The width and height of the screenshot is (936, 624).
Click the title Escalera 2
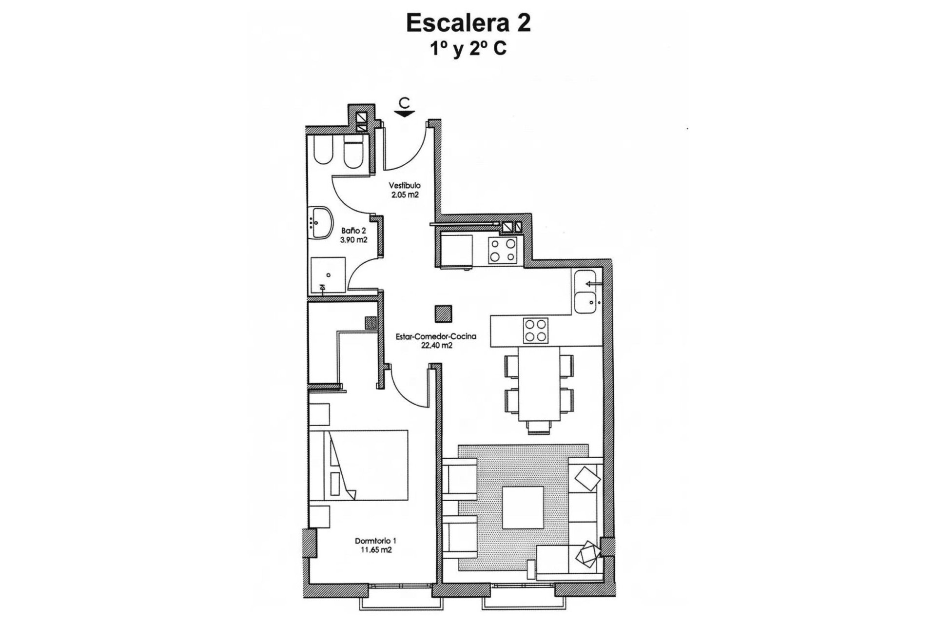click(x=468, y=24)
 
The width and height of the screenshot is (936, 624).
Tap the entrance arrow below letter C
click(x=404, y=114)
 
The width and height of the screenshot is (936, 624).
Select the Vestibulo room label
click(x=404, y=186)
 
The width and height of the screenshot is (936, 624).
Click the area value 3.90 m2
click(x=353, y=240)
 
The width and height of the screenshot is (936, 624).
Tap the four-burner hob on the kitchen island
click(x=535, y=331)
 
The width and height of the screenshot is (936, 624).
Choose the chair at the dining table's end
click(x=539, y=427)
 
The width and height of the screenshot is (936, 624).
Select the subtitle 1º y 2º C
click(x=468, y=49)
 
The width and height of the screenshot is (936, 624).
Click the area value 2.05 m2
click(x=405, y=195)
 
